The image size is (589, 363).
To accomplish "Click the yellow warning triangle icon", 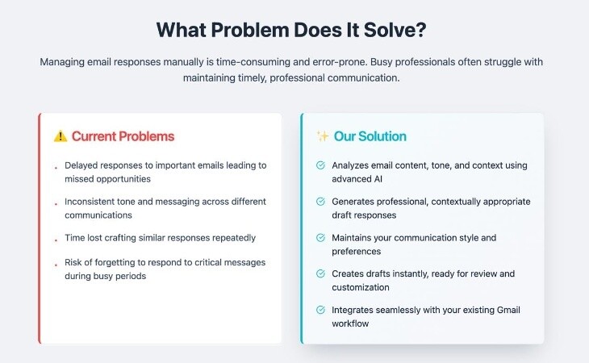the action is click(x=60, y=136).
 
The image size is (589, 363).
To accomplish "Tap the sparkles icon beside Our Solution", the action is click(x=322, y=136).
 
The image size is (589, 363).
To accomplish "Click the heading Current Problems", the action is click(x=123, y=136).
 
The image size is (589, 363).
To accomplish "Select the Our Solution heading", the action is click(x=370, y=136).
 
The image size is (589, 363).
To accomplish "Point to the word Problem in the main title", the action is click(x=250, y=30).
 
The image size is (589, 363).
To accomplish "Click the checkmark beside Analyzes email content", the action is click(x=320, y=165).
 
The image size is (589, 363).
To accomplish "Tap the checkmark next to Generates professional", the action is click(x=320, y=202).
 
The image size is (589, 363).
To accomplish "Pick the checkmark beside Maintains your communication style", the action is click(x=320, y=238).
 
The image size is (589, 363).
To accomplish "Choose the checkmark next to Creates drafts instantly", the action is click(x=320, y=273).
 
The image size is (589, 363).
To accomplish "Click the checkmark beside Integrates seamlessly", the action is click(x=320, y=310).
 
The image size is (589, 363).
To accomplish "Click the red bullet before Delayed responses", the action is click(x=56, y=168).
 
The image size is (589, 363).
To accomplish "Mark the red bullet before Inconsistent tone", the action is click(x=56, y=204).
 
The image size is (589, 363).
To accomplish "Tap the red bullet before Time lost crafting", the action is click(x=56, y=240).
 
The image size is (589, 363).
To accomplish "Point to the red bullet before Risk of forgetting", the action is click(x=56, y=265).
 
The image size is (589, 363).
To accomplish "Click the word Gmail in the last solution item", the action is click(x=508, y=310).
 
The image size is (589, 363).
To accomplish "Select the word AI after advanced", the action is click(x=378, y=179).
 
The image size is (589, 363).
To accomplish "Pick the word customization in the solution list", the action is click(x=360, y=287).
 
